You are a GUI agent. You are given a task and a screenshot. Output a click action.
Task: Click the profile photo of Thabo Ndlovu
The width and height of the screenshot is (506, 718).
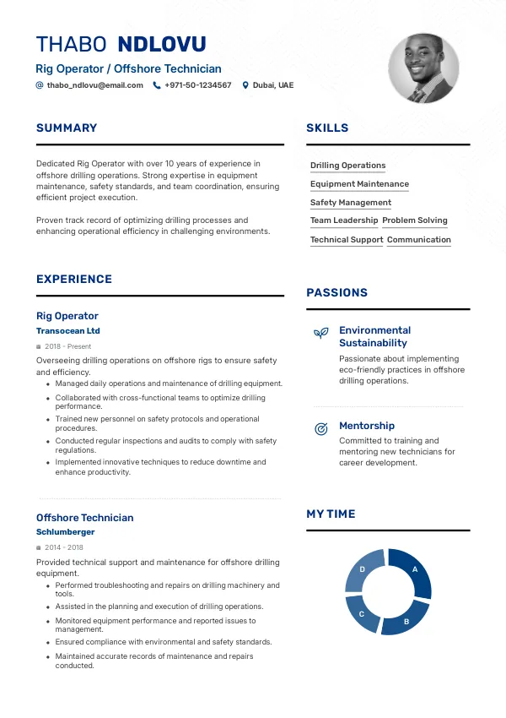(x=423, y=69)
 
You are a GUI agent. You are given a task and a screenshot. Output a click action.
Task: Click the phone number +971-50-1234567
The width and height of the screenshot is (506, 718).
(x=197, y=85)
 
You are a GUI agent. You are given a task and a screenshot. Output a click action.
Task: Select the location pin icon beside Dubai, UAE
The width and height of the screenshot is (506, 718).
(x=245, y=85)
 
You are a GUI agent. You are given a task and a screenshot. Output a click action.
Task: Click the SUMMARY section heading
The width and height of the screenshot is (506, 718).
(x=67, y=128)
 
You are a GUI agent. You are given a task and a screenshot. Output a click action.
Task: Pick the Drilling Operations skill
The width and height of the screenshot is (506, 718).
(x=347, y=166)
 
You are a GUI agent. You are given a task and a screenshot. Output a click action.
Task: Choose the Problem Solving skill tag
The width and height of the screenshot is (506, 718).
(x=415, y=220)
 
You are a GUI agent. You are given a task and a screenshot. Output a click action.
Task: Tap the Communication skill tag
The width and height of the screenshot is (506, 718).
(x=419, y=240)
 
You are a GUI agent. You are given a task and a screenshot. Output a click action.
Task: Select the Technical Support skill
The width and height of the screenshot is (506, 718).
(x=347, y=240)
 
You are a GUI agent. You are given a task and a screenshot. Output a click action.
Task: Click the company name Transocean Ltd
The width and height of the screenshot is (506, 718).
(x=68, y=331)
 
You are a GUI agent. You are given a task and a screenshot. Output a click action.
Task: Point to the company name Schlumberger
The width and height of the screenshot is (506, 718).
(x=66, y=532)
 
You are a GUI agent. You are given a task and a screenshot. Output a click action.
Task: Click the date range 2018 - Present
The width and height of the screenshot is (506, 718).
(x=67, y=346)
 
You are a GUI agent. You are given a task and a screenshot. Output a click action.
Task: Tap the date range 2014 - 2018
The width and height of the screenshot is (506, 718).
(x=65, y=547)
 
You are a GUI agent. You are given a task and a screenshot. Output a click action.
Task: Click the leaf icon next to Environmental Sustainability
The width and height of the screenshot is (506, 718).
(x=320, y=333)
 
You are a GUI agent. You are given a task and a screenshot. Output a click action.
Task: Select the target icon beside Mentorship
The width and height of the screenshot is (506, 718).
(x=320, y=429)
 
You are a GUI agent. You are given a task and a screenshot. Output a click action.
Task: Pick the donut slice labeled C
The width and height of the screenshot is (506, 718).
(x=363, y=613)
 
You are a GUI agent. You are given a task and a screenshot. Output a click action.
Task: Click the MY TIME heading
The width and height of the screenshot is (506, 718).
(x=331, y=514)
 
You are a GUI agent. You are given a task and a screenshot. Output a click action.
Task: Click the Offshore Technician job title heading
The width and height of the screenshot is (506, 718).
(x=84, y=518)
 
